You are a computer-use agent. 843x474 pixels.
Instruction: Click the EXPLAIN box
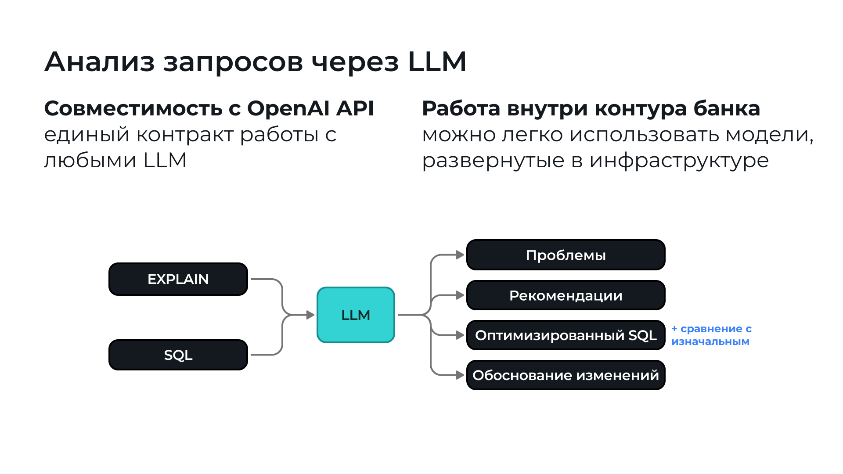tap(178, 279)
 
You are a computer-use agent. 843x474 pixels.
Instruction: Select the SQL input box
tap(178, 355)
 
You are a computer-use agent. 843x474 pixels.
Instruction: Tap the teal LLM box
tap(356, 315)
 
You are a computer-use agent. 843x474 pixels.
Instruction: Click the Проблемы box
tap(566, 255)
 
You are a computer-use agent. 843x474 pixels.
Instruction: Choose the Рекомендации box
tap(566, 295)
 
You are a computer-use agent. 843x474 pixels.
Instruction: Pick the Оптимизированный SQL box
tap(566, 335)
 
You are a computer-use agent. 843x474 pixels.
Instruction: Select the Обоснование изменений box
tap(566, 375)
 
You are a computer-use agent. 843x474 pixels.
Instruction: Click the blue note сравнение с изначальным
tap(711, 335)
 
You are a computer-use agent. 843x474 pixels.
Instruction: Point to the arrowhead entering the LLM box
tap(310, 315)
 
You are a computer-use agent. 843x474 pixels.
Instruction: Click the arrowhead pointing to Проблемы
tap(460, 255)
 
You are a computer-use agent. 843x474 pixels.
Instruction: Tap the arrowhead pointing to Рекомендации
tap(460, 295)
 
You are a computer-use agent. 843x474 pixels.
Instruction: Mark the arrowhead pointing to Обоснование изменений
tap(460, 375)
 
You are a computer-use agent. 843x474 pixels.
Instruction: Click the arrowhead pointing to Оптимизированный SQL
tap(460, 335)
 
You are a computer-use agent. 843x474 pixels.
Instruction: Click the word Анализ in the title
tap(99, 61)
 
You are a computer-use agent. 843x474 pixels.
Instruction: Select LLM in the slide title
tap(437, 61)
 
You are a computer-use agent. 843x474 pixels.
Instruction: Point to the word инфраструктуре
tap(679, 161)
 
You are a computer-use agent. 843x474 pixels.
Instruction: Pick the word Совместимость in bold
tap(133, 108)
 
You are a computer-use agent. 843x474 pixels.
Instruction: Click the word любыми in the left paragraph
tap(90, 161)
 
